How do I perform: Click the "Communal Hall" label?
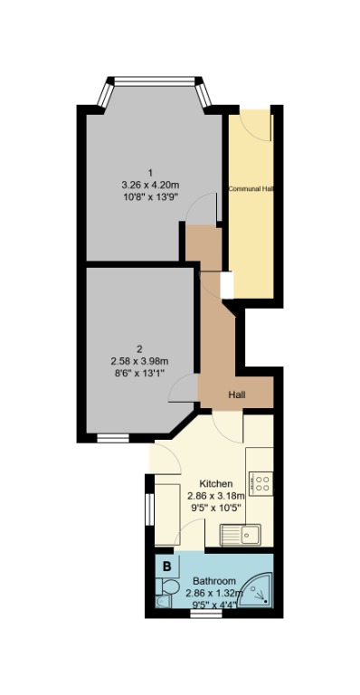[251, 189]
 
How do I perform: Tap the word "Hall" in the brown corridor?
[236, 395]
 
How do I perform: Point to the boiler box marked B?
[167, 567]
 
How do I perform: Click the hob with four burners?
[263, 484]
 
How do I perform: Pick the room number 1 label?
[151, 173]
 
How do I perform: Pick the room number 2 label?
[139, 348]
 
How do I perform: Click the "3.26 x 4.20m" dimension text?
[151, 187]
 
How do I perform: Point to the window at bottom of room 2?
[113, 438]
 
